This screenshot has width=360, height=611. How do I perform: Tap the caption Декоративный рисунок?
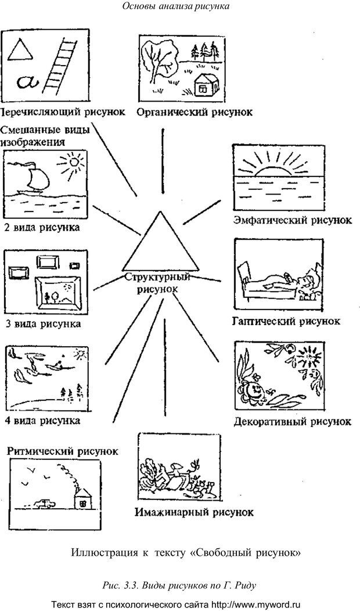click(x=291, y=420)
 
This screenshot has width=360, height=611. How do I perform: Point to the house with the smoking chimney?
click(x=83, y=497)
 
